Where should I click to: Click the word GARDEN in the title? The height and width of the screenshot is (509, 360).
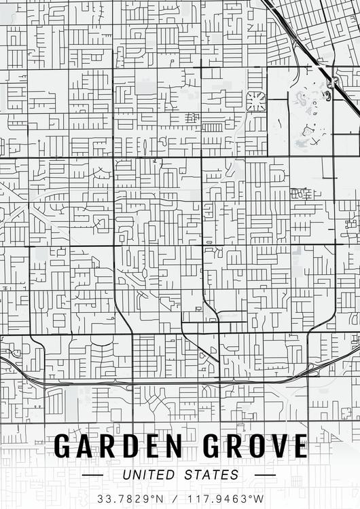click(118, 446)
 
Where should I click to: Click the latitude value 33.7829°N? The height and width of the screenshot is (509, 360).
click(131, 499)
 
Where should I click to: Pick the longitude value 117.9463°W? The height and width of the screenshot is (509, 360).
click(225, 499)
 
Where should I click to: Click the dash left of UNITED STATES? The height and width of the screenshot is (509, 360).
click(92, 475)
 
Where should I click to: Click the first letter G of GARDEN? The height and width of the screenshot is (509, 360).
click(63, 446)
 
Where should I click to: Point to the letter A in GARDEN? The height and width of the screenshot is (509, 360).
click(86, 446)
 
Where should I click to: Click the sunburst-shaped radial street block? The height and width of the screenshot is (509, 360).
click(256, 101)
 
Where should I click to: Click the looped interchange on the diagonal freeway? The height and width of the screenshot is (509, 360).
click(332, 83)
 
